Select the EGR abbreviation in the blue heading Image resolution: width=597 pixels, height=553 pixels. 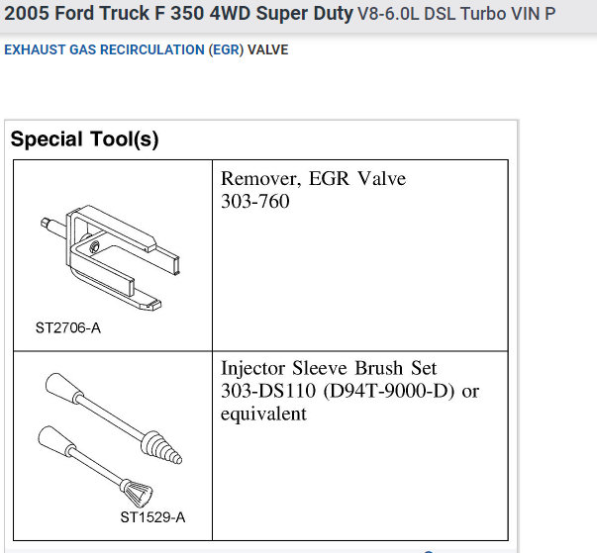tap(226, 49)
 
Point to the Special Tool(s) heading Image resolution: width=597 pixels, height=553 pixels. tap(84, 138)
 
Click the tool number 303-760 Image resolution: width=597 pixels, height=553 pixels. tap(255, 201)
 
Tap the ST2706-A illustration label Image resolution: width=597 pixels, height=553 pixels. tap(68, 327)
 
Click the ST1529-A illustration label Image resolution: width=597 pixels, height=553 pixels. tap(152, 516)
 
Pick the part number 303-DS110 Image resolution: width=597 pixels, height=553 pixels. tap(268, 391)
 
